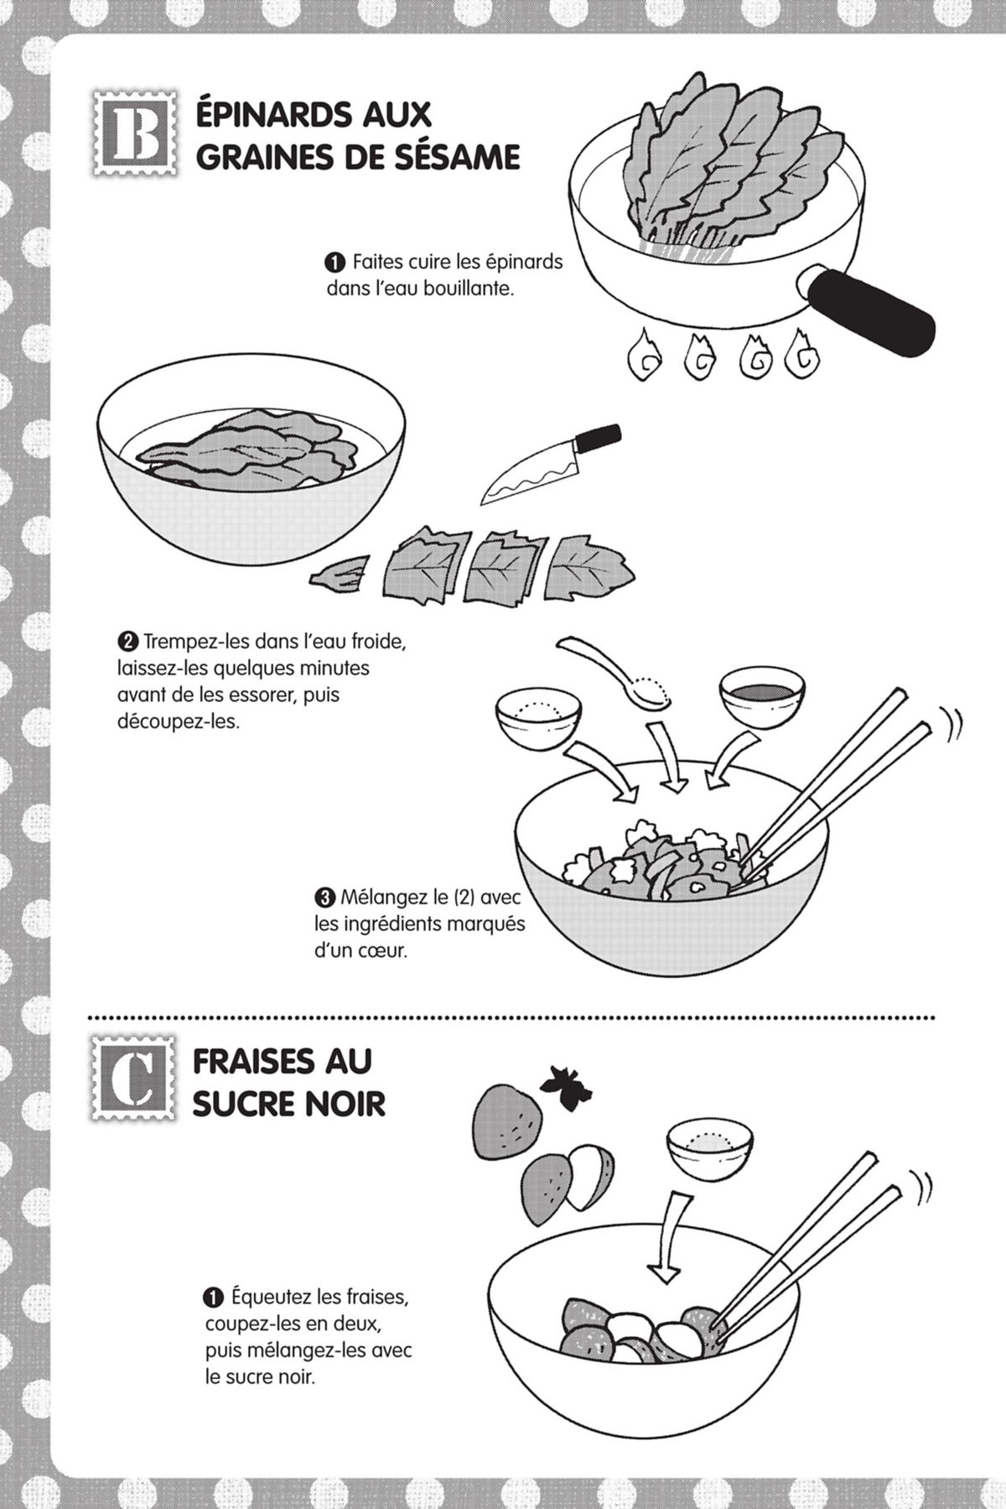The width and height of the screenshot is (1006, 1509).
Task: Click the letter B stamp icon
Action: pos(134,134)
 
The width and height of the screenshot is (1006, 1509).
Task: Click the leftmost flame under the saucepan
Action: pos(646,354)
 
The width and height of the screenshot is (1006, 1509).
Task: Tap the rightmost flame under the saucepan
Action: pos(803,353)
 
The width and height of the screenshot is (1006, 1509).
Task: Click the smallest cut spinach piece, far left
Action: pos(339,575)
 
